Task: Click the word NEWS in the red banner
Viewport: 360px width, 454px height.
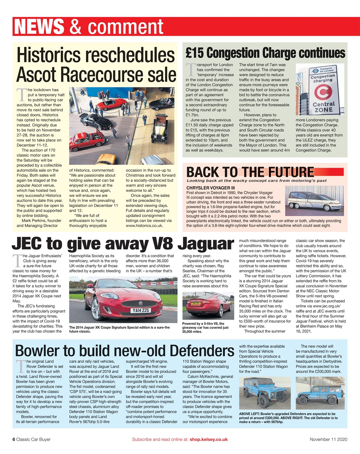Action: point(39,27)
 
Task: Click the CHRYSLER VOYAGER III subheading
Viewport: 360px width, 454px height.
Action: point(211,188)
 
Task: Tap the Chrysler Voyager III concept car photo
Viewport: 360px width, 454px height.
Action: point(315,201)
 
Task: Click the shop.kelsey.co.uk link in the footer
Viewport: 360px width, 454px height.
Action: point(208,439)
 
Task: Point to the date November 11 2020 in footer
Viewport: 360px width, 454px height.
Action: point(328,439)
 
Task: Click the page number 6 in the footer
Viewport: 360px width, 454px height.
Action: point(14,439)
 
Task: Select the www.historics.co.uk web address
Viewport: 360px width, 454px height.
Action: point(144,226)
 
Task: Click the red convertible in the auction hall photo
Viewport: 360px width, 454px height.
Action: point(111,104)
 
